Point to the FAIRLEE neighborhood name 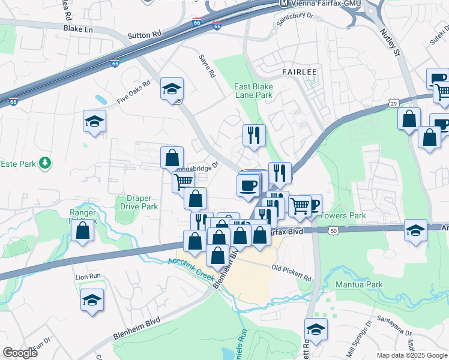coord(299,71)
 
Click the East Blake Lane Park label coord(253,91)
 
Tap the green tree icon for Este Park coord(44,163)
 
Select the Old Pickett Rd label coord(291,273)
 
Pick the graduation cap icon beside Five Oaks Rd coord(172,89)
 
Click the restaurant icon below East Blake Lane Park coord(254,136)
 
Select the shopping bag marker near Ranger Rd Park coord(83,230)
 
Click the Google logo coord(20,353)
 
